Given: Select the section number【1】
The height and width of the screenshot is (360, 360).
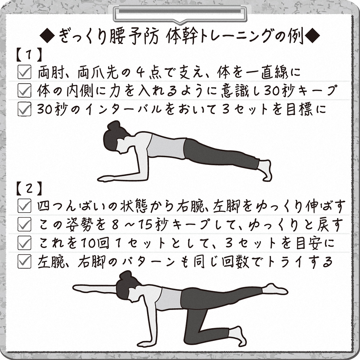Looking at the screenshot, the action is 30,55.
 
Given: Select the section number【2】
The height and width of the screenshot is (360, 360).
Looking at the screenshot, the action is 30,189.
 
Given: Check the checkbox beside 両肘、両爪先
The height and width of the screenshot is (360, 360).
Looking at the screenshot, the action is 24,72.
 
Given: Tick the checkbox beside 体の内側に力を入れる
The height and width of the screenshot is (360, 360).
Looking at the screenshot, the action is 24,90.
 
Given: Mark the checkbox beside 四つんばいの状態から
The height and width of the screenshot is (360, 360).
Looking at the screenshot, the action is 24,206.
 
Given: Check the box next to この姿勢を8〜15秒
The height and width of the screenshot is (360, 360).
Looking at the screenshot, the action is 24,224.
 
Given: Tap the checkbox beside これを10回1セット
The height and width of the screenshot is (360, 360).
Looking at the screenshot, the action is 24,243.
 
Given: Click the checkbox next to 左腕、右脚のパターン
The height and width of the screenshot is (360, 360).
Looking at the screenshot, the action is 24,261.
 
